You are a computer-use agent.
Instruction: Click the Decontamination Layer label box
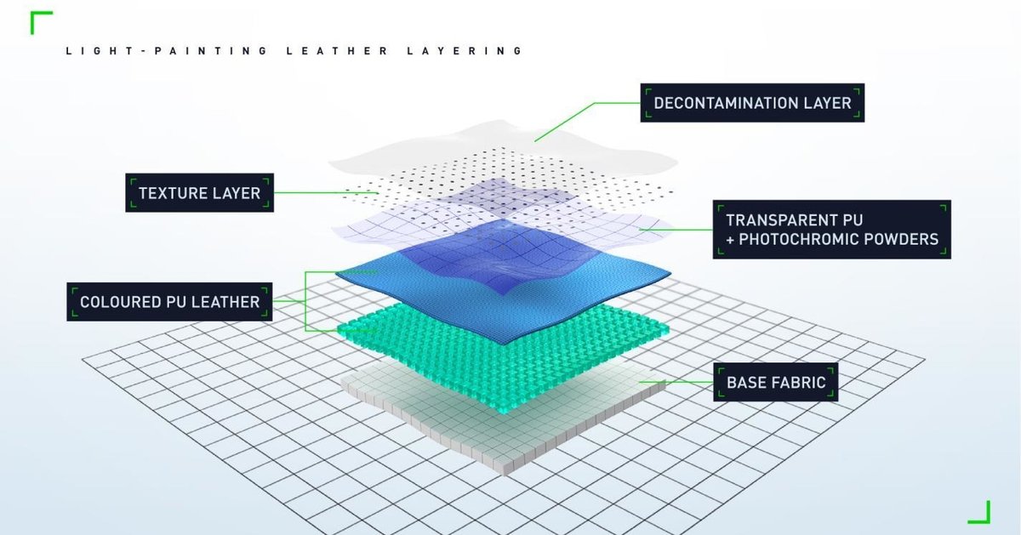(x=752, y=103)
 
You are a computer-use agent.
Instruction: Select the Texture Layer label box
(x=200, y=192)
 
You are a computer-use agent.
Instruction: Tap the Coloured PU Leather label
(x=169, y=302)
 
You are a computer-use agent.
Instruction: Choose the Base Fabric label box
(x=776, y=382)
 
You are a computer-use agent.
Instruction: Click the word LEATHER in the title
(x=337, y=50)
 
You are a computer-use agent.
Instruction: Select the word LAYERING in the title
(x=465, y=50)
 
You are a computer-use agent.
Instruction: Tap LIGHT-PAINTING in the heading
(x=167, y=50)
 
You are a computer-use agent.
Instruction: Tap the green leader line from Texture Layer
(x=327, y=193)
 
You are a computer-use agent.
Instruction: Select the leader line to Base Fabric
(x=676, y=382)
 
